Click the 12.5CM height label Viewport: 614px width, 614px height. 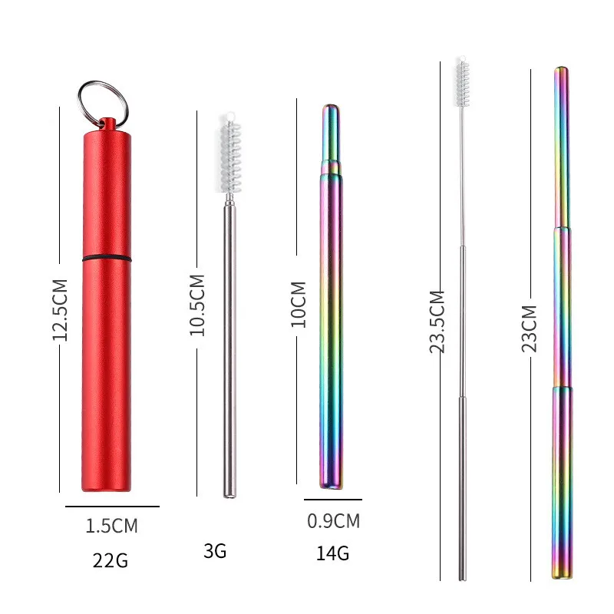60,310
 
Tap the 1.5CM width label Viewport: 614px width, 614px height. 111,526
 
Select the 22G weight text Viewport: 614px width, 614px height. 111,560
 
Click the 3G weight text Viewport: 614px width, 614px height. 215,551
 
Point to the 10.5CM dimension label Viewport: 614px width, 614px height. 197,305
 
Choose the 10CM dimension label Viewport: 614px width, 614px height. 298,304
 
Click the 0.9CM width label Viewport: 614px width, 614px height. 333,521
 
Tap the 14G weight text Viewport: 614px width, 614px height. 332,553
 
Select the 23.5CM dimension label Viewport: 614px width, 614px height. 437,322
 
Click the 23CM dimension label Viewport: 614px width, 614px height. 529,328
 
